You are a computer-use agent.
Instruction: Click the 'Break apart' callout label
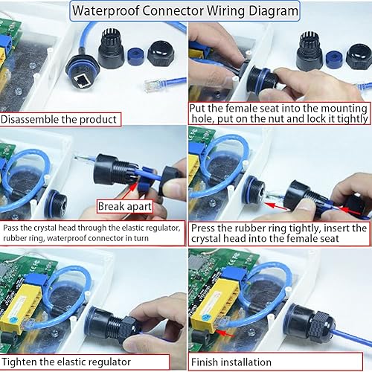tap(124, 205)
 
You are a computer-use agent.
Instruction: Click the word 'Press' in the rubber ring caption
tap(205, 228)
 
